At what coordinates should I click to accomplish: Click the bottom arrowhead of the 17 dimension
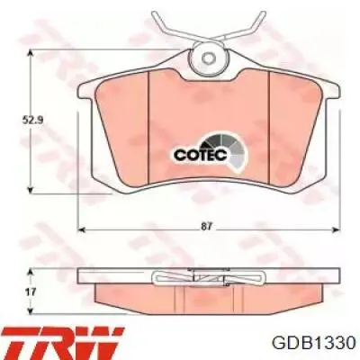tap(34, 310)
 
